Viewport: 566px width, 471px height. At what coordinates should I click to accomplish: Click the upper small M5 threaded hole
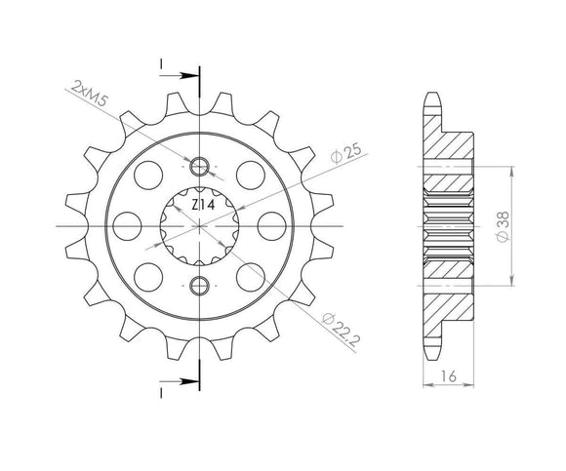pos(201,166)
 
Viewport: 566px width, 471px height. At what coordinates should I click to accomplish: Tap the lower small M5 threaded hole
pos(201,285)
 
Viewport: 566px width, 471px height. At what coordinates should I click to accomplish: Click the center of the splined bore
pos(201,225)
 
